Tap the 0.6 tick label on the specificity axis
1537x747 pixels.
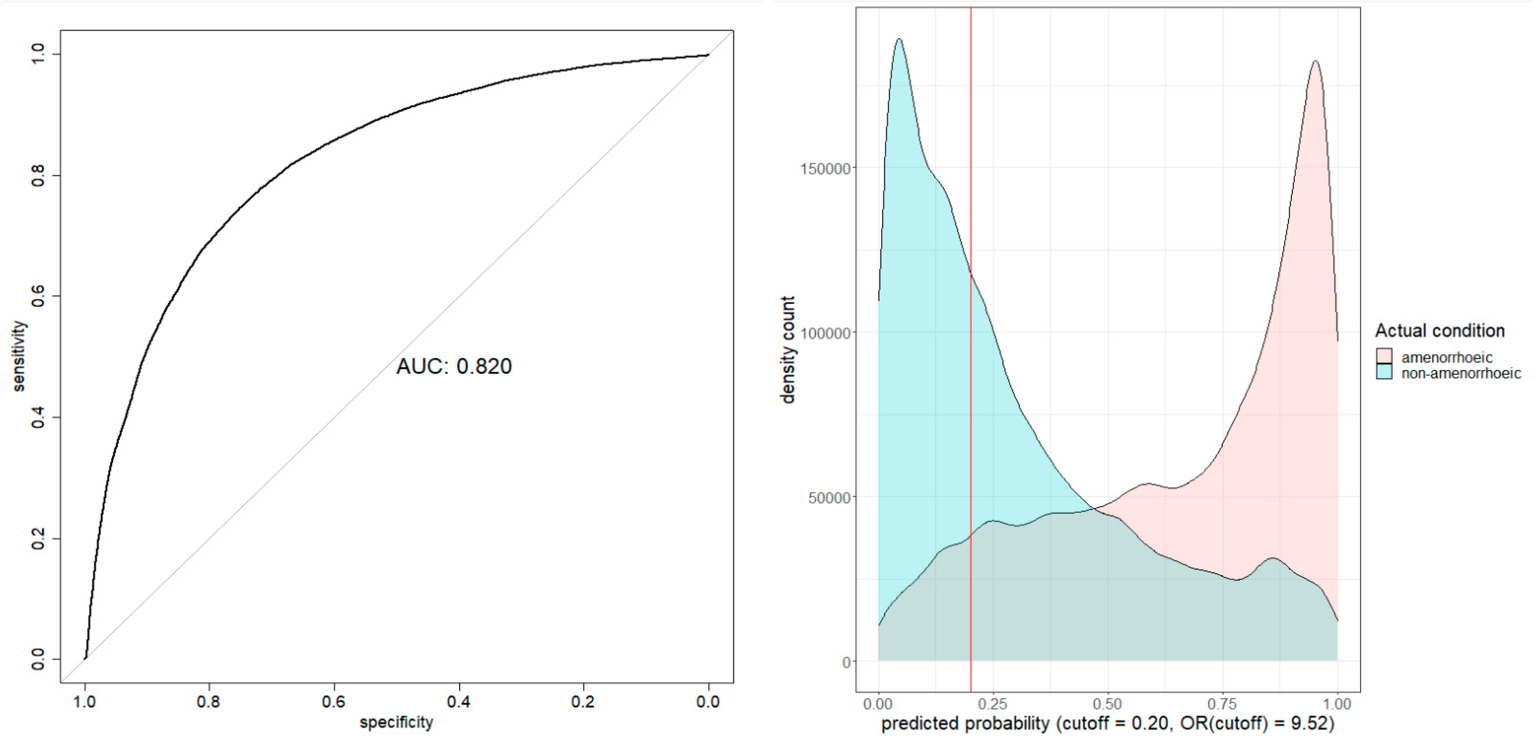[333, 702]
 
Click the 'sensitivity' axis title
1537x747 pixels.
[20, 356]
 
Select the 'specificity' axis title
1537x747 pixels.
[396, 723]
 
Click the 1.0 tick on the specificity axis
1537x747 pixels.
[85, 702]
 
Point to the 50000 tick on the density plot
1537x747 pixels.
[829, 498]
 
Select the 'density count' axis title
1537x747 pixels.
[788, 350]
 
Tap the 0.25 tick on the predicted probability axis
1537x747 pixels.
[993, 704]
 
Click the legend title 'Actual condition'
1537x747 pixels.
[1440, 331]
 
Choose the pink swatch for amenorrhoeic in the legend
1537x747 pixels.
[1384, 356]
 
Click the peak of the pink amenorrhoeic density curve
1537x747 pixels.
[1315, 61]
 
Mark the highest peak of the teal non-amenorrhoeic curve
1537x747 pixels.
[899, 40]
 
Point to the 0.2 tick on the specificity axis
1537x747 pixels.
[583, 702]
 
